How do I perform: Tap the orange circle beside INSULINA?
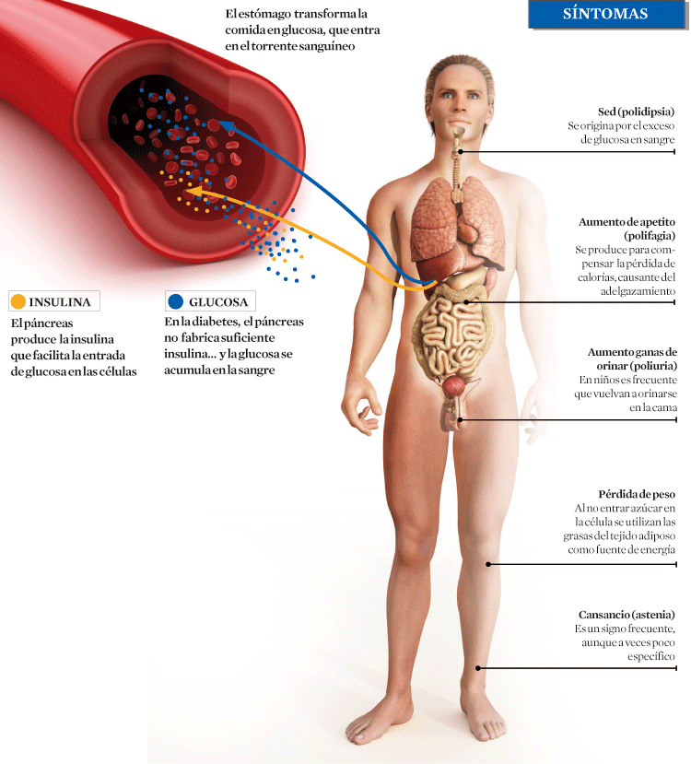point(18,301)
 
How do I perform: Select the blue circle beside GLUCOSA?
point(176,301)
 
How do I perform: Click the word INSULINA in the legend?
point(60,302)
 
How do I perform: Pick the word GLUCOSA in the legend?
point(218,302)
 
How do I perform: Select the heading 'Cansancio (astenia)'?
point(627,615)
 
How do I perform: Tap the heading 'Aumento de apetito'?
point(627,222)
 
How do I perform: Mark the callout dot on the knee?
point(489,564)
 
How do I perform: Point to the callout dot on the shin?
point(477,668)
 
